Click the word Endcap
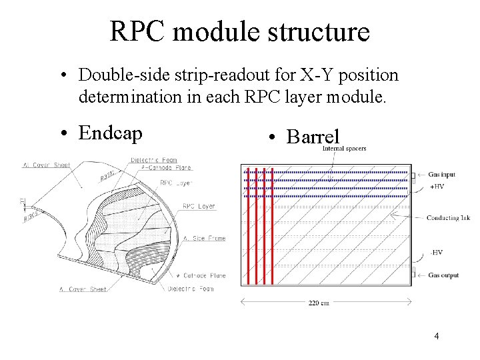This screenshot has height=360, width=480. pyautogui.click(x=110, y=133)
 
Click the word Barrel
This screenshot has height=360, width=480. pyautogui.click(x=313, y=137)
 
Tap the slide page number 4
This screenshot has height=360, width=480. pyautogui.click(x=436, y=336)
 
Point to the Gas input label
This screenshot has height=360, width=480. pyautogui.click(x=443, y=173)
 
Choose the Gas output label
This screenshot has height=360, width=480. pyautogui.click(x=443, y=275)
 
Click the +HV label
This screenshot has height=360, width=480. pyautogui.click(x=437, y=187)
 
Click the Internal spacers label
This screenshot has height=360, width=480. pyautogui.click(x=344, y=149)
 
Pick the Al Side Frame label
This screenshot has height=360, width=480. pyautogui.click(x=203, y=238)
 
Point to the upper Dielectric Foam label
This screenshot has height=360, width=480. pyautogui.click(x=153, y=159)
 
